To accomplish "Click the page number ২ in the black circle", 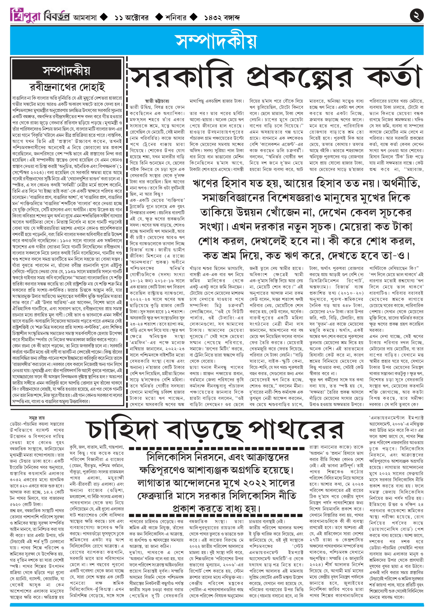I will coord(417,15).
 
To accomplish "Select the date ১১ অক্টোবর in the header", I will coord(131,18).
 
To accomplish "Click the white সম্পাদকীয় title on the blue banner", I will coord(216,41).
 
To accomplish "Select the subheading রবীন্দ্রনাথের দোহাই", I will coord(67,87).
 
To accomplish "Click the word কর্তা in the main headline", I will coord(393,75).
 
